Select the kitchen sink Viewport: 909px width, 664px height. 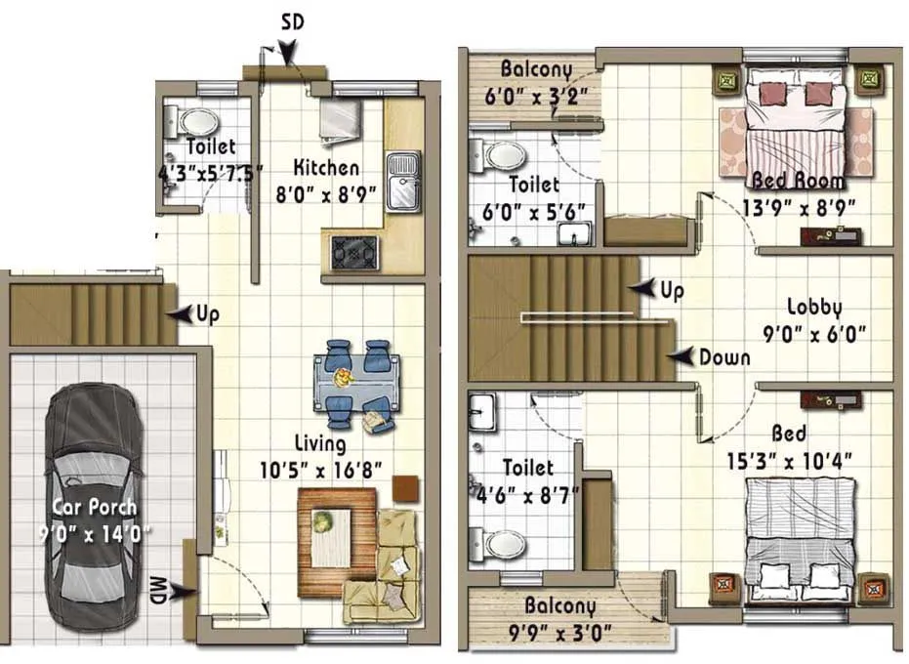pos(401,182)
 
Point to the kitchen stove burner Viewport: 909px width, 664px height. pos(350,252)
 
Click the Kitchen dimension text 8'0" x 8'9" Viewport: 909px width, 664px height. pos(326,192)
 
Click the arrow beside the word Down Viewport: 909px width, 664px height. pos(686,356)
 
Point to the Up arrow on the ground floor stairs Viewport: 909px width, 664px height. pos(180,314)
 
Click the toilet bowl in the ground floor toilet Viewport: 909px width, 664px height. pos(197,122)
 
